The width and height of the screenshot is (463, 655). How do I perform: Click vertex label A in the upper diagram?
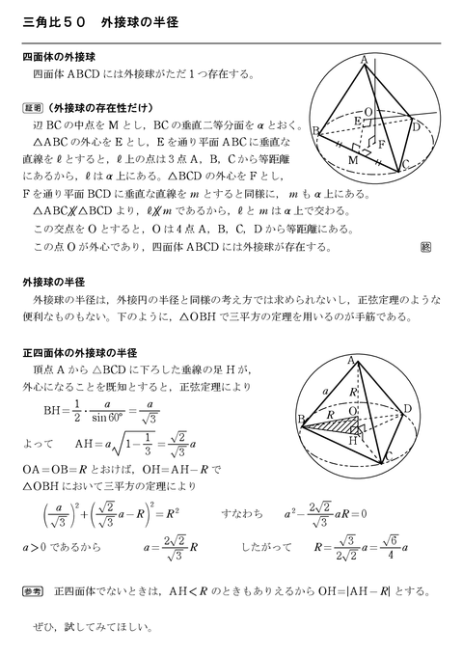click(363, 60)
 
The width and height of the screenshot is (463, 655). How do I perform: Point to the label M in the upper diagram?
click(352, 158)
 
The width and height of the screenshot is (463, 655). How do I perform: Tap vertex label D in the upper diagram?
click(415, 126)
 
